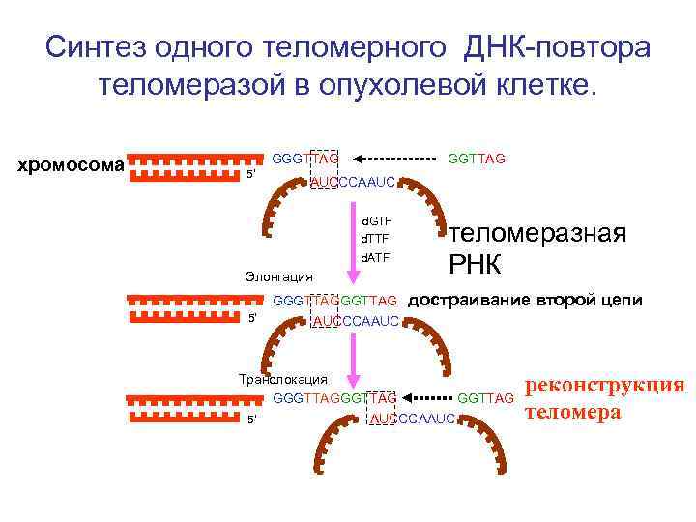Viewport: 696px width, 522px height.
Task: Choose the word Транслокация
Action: tap(283, 378)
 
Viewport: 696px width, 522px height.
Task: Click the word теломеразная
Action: tap(538, 233)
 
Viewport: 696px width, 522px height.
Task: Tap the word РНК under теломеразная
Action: tap(478, 262)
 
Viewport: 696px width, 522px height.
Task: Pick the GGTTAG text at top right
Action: tap(477, 158)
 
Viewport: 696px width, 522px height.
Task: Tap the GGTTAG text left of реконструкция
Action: tap(485, 398)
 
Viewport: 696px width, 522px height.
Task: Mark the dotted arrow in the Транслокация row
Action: tap(426, 397)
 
